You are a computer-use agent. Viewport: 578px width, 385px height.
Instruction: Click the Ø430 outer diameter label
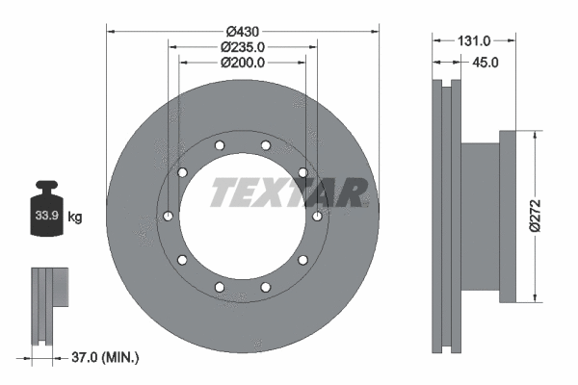[x=243, y=31]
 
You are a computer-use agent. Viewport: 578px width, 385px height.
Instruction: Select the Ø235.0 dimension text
[x=243, y=46]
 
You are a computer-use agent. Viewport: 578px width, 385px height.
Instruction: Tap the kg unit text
[x=75, y=218]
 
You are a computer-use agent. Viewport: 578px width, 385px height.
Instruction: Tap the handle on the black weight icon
[x=49, y=185]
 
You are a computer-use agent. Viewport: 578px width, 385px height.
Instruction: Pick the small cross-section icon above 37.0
[x=48, y=304]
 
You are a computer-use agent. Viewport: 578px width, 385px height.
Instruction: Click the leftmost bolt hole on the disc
[x=169, y=216]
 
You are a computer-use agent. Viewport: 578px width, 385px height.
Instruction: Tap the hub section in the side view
[x=482, y=216]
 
